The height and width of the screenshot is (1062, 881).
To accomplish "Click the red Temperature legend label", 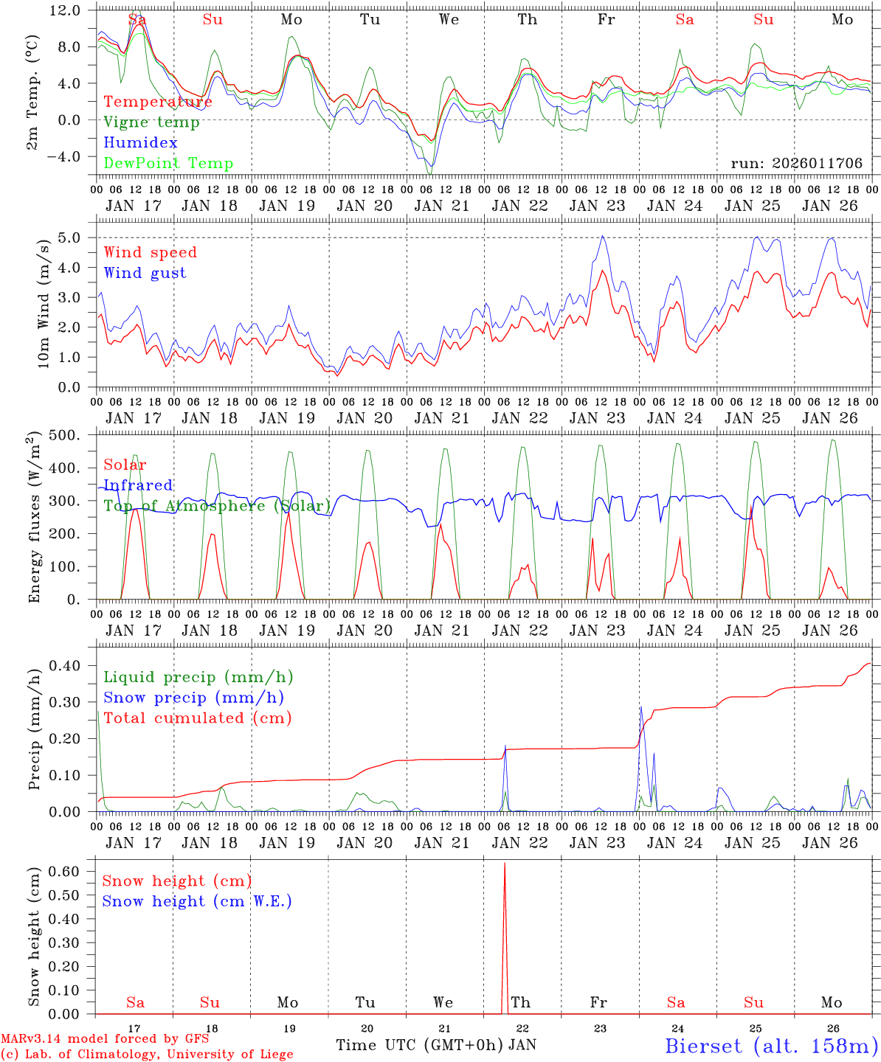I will click(x=158, y=102).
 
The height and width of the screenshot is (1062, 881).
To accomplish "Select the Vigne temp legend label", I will click(x=151, y=122).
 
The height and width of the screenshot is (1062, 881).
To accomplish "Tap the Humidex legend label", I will click(x=140, y=142).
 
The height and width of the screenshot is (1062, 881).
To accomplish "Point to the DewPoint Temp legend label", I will click(x=168, y=163).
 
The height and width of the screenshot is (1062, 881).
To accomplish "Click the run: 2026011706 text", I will click(x=796, y=163).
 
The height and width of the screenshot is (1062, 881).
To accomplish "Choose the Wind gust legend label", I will click(x=145, y=273).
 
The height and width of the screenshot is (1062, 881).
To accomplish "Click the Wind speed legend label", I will click(x=151, y=252).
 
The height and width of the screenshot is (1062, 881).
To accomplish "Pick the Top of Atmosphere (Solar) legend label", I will click(x=216, y=505).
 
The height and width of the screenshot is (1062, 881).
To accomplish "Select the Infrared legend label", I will click(x=138, y=485).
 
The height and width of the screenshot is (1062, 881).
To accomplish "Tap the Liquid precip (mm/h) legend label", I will click(x=198, y=677).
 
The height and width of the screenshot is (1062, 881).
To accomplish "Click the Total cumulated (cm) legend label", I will click(x=198, y=718).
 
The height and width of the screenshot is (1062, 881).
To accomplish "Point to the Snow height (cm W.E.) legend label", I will click(x=197, y=901).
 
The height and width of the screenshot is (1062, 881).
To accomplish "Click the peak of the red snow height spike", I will click(x=505, y=863).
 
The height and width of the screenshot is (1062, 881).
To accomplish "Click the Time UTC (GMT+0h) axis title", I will click(x=420, y=1045).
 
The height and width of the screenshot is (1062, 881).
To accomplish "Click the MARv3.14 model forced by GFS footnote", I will click(x=105, y=1039).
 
